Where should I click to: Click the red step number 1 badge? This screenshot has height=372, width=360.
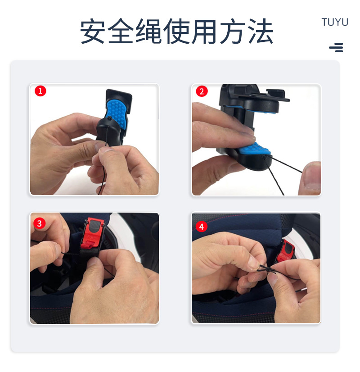40,91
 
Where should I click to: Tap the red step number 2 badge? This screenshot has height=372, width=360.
202,91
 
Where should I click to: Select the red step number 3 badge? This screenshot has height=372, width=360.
39,223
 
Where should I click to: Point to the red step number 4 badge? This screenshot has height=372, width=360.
202,227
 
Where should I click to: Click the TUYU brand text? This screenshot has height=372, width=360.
335,22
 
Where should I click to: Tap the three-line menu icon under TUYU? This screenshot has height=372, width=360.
336,47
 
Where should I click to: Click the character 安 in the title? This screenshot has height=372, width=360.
93,32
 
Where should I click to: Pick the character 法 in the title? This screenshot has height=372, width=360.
261,32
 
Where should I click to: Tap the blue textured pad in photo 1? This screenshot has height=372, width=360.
117,113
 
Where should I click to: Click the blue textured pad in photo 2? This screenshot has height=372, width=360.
254,150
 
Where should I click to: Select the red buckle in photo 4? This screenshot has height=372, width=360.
286,252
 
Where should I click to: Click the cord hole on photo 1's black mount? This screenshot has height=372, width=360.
109,118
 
